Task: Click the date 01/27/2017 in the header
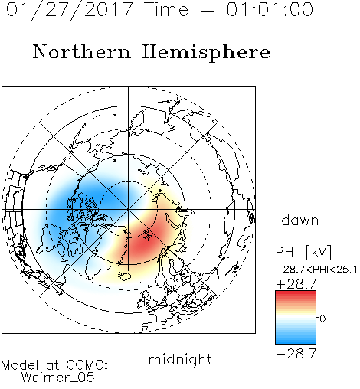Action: [x=69, y=10]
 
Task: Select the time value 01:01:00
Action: [x=270, y=9]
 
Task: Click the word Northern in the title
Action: [x=82, y=52]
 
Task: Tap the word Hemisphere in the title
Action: [x=206, y=53]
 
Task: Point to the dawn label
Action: [x=300, y=220]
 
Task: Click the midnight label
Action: [x=180, y=359]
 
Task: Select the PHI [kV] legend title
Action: [x=303, y=252]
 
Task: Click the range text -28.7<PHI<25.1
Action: [x=316, y=270]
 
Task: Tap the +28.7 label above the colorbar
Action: [x=296, y=284]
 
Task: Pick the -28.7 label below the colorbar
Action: [x=296, y=354]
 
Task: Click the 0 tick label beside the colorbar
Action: [x=322, y=319]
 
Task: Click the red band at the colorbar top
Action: [x=296, y=294]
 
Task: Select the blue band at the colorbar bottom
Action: [x=296, y=341]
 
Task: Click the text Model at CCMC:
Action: [x=54, y=365]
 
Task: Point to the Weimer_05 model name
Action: [x=57, y=378]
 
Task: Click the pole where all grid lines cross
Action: [x=129, y=209]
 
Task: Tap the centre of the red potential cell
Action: [x=148, y=239]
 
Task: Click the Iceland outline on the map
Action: [x=125, y=276]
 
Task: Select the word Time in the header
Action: [x=166, y=9]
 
